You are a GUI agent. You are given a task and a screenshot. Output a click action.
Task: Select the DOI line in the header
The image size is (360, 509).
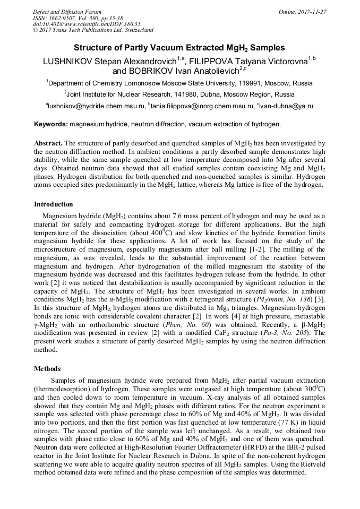[x=86, y=24]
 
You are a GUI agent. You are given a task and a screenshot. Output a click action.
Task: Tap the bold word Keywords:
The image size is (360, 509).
[x=51, y=124]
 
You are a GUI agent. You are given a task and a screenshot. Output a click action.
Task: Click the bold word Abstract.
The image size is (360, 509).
[x=48, y=143]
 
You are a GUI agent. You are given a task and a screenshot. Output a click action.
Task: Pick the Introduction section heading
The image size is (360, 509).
[x=54, y=204]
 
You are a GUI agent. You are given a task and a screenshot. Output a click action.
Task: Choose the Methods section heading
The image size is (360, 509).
[x=47, y=368]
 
